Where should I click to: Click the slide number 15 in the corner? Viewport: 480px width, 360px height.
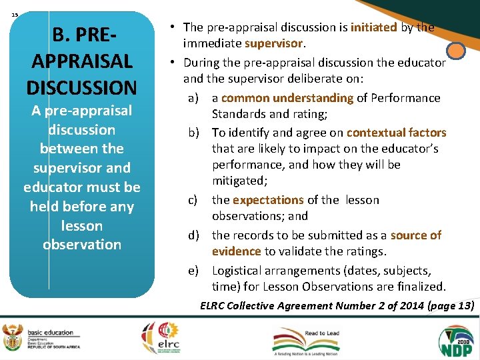pyautogui.click(x=15, y=13)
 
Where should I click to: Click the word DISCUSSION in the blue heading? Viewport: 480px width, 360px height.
pyautogui.click(x=81, y=87)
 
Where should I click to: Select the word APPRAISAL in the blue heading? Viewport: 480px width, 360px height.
pyautogui.click(x=81, y=60)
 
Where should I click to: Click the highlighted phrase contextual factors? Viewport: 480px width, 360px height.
pyautogui.click(x=396, y=132)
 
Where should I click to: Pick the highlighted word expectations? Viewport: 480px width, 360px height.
pyautogui.click(x=268, y=200)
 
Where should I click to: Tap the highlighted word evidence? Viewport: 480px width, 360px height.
pyautogui.click(x=237, y=251)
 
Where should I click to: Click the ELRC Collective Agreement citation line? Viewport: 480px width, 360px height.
pyautogui.click(x=337, y=305)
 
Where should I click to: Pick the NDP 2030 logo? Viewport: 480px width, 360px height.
pyautogui.click(x=455, y=339)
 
